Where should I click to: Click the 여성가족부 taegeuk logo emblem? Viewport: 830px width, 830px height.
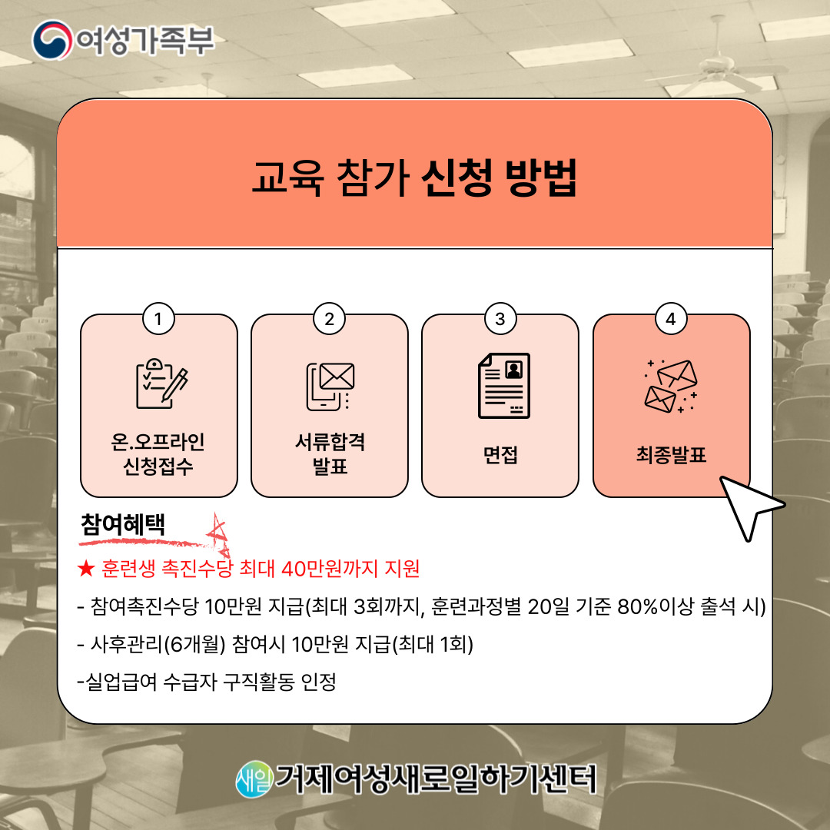[52, 40]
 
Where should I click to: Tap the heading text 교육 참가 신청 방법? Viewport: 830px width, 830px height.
[414, 178]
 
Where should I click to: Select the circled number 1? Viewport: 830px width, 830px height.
[158, 319]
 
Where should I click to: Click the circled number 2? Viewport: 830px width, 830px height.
[329, 319]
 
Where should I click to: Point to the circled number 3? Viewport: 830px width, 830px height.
[500, 319]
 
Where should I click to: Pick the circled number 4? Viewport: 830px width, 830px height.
[671, 319]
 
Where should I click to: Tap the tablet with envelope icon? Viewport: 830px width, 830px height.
[330, 387]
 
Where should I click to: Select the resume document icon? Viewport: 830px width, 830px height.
[504, 385]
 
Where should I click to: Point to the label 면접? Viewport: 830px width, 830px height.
[500, 454]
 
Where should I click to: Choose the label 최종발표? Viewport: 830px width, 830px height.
[671, 454]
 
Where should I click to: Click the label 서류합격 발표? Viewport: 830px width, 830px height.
[330, 453]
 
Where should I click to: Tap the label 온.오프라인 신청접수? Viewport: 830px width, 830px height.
[158, 453]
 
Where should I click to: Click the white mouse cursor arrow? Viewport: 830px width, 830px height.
[749, 505]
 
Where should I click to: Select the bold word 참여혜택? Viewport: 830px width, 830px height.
[123, 525]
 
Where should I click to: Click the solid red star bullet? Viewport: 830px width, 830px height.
[86, 569]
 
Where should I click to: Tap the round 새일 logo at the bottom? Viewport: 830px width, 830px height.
[254, 779]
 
